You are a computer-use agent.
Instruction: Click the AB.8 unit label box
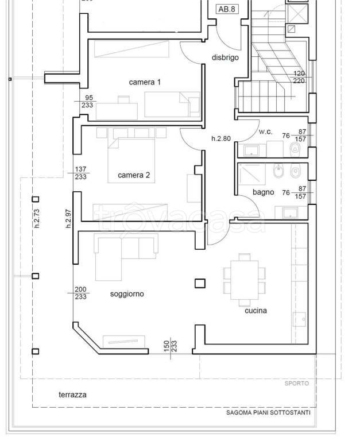227,9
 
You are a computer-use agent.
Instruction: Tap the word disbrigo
225,57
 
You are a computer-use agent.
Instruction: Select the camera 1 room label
145,82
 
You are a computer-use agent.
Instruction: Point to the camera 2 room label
134,175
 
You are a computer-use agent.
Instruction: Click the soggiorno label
127,294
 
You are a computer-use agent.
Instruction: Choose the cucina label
256,311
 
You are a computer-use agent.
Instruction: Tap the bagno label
263,192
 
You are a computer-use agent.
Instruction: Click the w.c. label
265,131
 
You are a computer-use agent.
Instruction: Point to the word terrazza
72,394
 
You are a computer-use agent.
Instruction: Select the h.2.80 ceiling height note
221,138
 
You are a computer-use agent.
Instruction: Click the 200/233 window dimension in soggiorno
81,293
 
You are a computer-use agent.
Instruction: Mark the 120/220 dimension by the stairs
299,77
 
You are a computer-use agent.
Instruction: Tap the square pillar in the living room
200,283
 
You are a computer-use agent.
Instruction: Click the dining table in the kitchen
245,280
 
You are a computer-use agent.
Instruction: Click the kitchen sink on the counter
299,319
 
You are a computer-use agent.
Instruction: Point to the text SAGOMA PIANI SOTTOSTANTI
268,413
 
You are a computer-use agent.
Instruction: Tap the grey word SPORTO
297,384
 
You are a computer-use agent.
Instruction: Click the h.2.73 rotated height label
37,219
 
